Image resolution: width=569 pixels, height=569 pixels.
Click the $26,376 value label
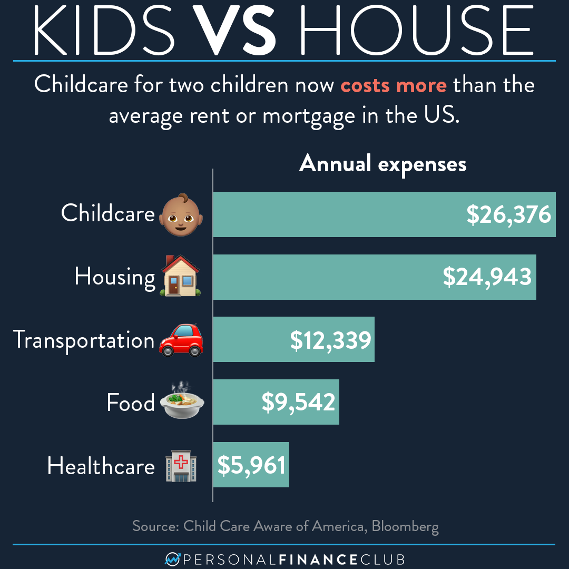click(x=508, y=215)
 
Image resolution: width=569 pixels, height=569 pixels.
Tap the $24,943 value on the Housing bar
click(x=487, y=277)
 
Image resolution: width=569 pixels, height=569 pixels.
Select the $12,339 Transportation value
click(x=330, y=340)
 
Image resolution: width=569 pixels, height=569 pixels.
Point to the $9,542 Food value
click(x=298, y=403)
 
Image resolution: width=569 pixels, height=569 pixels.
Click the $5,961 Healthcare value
click(x=251, y=465)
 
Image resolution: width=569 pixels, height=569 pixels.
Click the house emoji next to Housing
click(x=180, y=277)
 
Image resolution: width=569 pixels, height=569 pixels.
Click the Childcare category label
click(x=107, y=213)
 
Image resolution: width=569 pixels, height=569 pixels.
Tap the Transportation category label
click(x=84, y=340)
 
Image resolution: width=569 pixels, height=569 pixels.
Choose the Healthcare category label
click(x=101, y=466)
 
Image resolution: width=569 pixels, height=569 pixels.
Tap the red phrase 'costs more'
click(x=393, y=84)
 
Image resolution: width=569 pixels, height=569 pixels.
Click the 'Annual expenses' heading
click(x=383, y=164)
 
